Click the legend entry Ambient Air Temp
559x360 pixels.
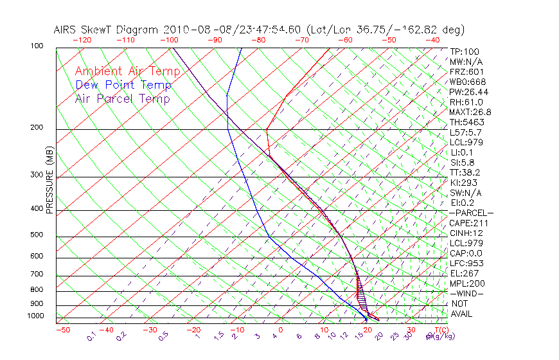[x=127, y=71]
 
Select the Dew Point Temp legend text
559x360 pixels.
[x=123, y=85]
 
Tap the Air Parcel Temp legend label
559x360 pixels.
[x=122, y=98]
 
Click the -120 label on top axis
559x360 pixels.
[x=82, y=40]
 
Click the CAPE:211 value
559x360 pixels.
[x=468, y=223]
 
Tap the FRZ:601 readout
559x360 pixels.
[x=467, y=72]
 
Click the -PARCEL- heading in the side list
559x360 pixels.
[x=471, y=213]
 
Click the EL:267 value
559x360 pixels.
[x=464, y=273]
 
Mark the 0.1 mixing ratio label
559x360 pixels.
[x=91, y=336]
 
